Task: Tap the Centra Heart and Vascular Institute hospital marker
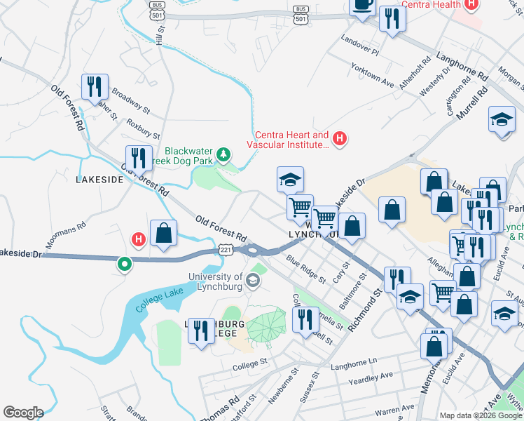coord(340,139)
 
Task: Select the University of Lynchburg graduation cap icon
coord(252,281)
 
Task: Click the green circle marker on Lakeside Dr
coord(124,265)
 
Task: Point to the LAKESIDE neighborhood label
coord(99,180)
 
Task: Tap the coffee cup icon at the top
coord(362,4)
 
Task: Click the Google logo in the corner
coord(23,413)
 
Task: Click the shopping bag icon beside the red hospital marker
coord(163,234)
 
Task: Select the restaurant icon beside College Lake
coord(201,330)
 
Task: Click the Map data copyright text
coord(481,415)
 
